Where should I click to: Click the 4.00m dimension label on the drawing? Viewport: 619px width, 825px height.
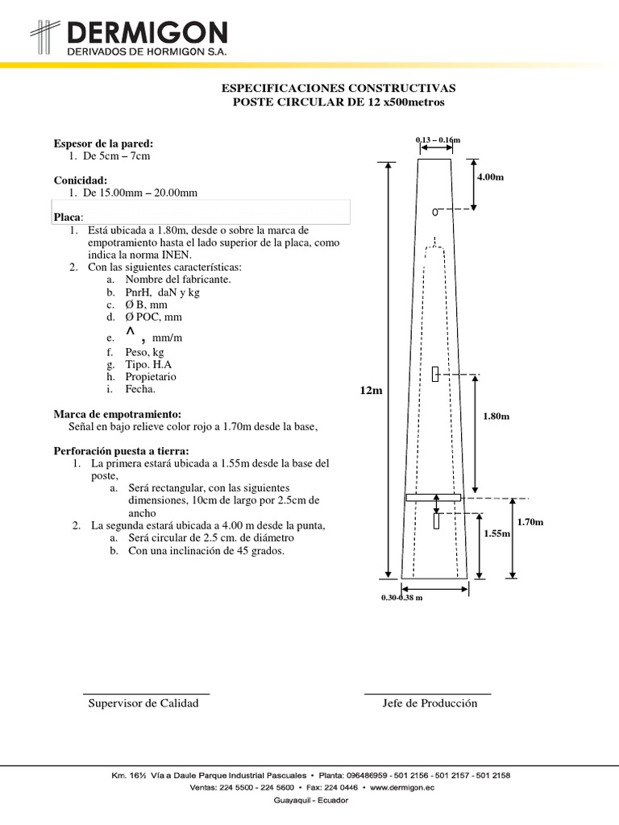(x=491, y=176)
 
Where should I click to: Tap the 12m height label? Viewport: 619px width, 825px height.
(x=372, y=391)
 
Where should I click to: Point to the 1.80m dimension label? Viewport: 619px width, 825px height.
(x=496, y=416)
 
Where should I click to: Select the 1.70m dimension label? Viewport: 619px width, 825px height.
(x=530, y=522)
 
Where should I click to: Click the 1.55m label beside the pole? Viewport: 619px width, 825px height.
(x=497, y=533)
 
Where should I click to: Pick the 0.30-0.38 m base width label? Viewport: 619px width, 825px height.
(x=402, y=598)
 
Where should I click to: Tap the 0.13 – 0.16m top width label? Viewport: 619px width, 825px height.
(x=438, y=141)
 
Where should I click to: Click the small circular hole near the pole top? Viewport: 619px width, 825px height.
(x=434, y=212)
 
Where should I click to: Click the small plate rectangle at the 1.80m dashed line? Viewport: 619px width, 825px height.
(x=435, y=375)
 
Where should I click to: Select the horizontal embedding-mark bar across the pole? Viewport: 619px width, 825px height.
(x=433, y=498)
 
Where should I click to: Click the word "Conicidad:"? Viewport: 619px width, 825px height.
(x=81, y=180)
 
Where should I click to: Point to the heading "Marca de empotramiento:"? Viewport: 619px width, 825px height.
(x=118, y=413)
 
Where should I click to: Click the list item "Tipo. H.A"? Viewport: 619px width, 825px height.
(x=148, y=363)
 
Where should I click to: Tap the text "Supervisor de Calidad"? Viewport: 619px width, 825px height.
(x=143, y=703)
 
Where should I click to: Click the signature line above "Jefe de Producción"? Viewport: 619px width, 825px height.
(x=427, y=693)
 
